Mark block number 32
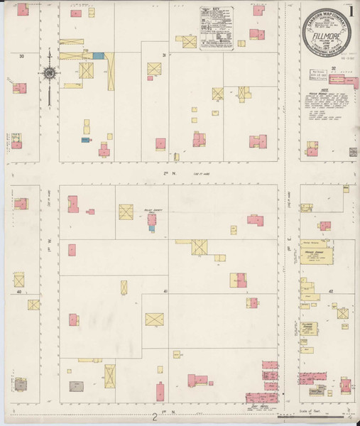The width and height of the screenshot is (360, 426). tap(333, 69)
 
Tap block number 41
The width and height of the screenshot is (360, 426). tap(165, 292)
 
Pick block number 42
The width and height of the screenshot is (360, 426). tap(332, 291)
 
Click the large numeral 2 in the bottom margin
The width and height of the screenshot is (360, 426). tap(154, 417)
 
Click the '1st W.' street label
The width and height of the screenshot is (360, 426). tap(49, 242)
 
